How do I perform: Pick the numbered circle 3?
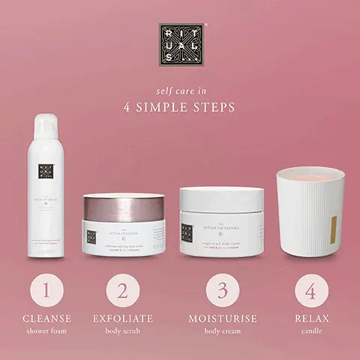pos(221,291)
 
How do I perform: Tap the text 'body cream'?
pos(221,331)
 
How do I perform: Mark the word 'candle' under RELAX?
pos(310,331)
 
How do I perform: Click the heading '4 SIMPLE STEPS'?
pos(179,106)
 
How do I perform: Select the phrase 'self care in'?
pos(179,90)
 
